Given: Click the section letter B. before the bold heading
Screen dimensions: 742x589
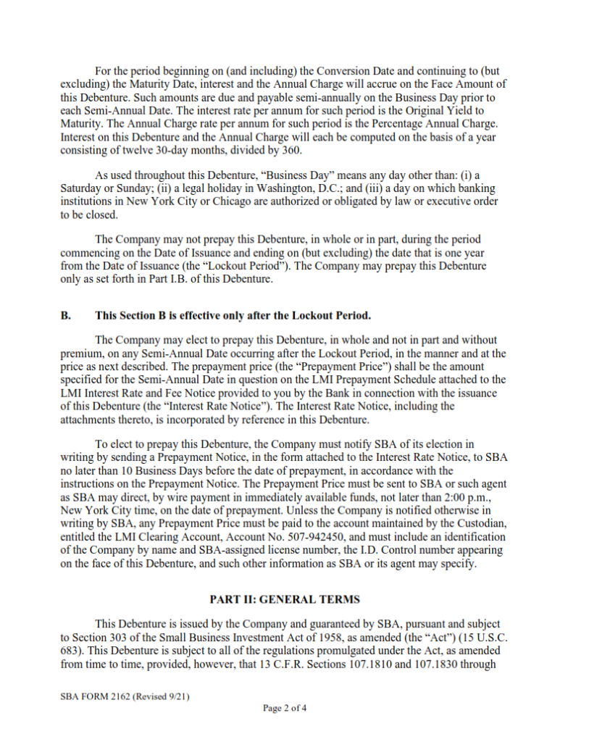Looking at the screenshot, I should [x=65, y=316].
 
